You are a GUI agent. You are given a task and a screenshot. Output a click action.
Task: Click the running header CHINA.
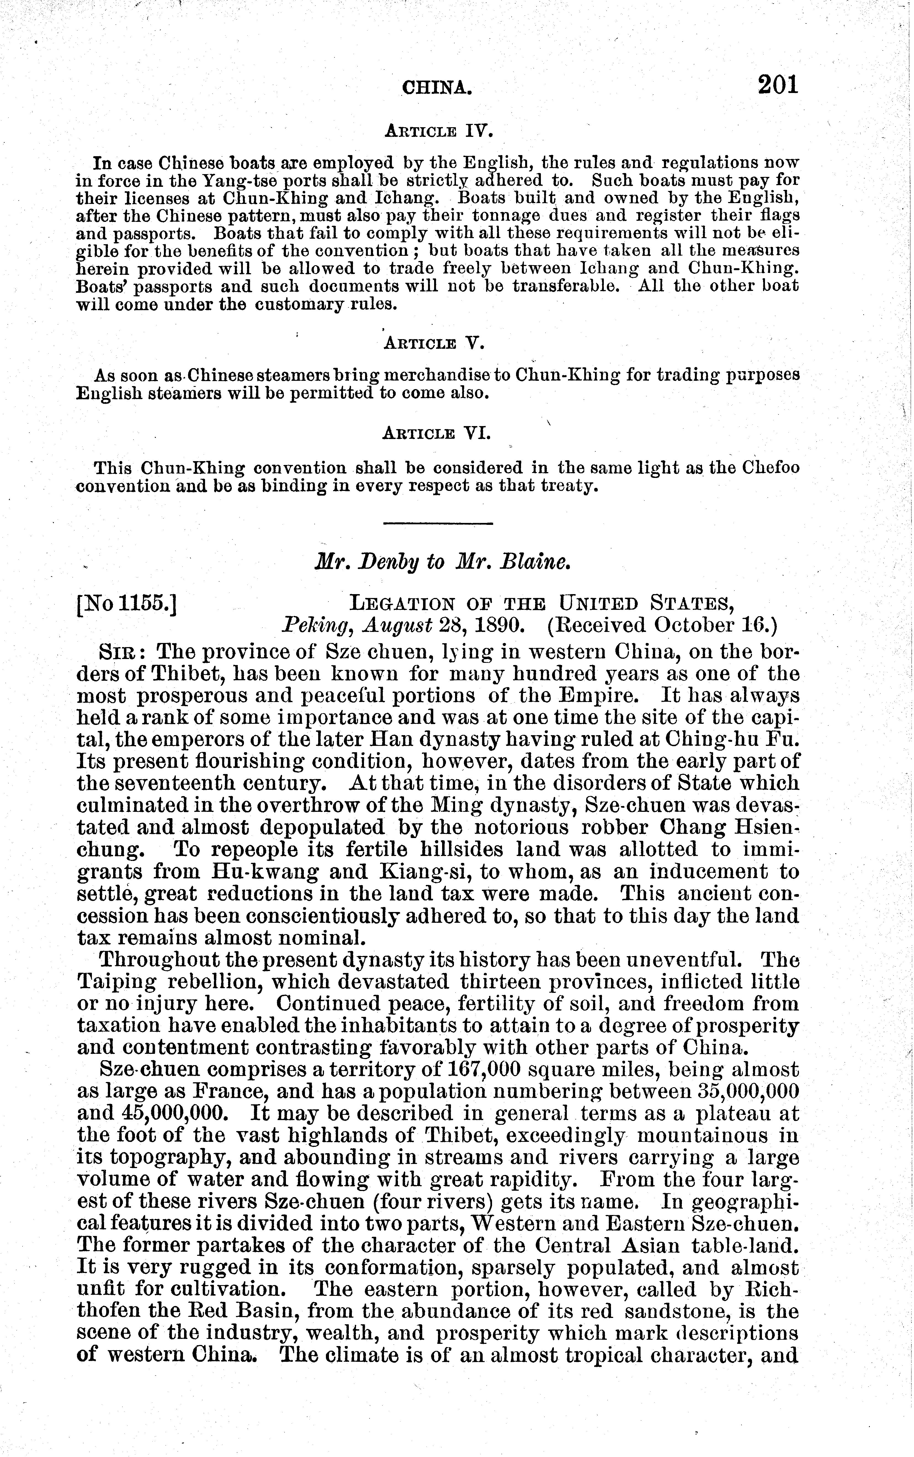437,89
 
